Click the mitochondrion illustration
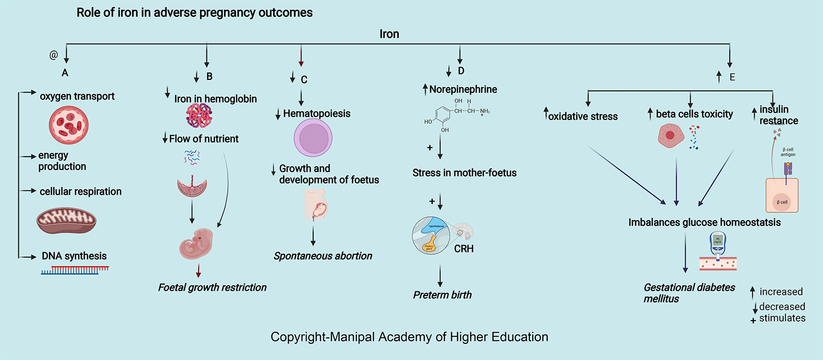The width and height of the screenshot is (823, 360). coord(66,221)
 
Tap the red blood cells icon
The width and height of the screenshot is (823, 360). coord(69,125)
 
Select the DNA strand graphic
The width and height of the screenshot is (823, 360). coord(74,271)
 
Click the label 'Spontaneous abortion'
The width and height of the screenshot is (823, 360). coord(323,256)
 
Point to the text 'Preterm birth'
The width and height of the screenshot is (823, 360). coord(442,295)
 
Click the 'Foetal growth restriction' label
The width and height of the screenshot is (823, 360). coord(212,287)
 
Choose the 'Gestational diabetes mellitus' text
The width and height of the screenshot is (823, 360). coord(688,293)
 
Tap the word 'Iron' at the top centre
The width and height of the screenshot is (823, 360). coord(389,34)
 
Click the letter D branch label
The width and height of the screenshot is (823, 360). coord(461,71)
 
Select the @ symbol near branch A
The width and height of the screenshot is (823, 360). coord(54,55)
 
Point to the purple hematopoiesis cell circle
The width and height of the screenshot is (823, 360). coord(313,138)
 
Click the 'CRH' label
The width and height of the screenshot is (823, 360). coord(464,249)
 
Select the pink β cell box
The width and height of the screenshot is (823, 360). coord(782,196)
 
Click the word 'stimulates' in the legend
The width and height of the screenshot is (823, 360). coord(782,318)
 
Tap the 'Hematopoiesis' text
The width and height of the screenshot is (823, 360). coord(317,114)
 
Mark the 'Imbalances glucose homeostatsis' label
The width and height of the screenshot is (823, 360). coord(704,223)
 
